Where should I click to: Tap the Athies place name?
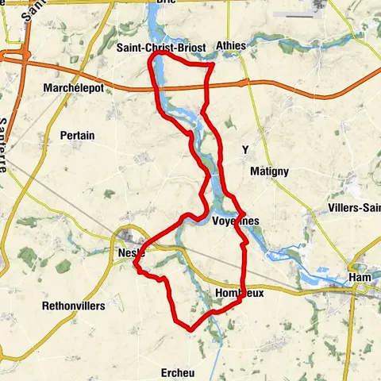tap(230, 47)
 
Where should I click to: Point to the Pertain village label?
tap(77, 136)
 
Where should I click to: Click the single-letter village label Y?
tap(245, 149)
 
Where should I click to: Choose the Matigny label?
tap(269, 171)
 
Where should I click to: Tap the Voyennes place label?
tap(237, 221)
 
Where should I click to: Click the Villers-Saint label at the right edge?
tap(354, 208)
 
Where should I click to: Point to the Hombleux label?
tap(239, 294)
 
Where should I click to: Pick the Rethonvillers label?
tap(73, 306)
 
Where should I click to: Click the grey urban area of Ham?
tap(361, 291)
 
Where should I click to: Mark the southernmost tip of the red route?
tap(190, 329)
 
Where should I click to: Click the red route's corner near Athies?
tap(212, 69)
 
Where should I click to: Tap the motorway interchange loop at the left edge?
tap(13, 56)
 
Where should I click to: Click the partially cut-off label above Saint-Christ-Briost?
tap(165, 3)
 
